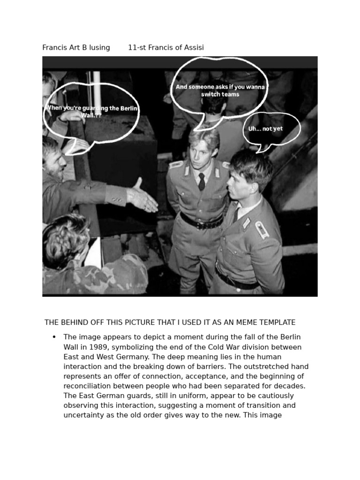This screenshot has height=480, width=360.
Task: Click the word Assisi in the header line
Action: click(x=194, y=47)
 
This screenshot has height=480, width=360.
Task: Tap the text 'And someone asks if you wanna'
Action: click(x=220, y=87)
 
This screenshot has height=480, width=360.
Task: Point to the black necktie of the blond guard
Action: click(x=202, y=181)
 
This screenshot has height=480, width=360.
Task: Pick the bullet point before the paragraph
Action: click(x=54, y=337)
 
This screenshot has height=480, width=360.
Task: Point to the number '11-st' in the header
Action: click(x=137, y=47)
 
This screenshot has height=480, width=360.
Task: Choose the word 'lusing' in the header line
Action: click(x=100, y=47)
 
